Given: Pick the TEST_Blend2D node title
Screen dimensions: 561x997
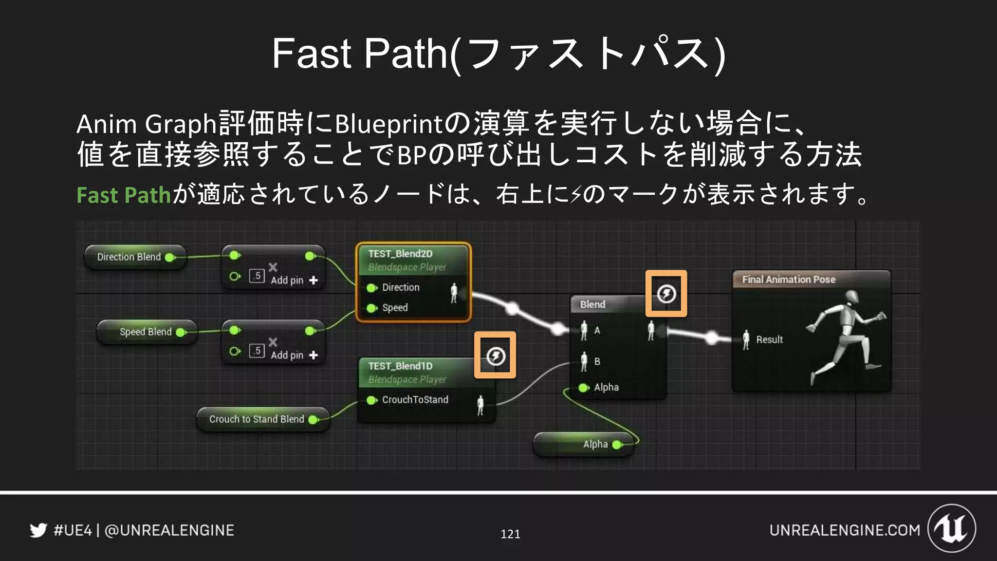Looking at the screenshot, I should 400,254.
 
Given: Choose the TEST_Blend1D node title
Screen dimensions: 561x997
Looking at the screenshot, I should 400,366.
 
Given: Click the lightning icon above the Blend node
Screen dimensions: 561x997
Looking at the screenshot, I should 666,294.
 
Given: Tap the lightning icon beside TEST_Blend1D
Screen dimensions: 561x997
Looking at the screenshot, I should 496,355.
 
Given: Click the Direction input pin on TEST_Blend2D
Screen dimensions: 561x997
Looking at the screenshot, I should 371,288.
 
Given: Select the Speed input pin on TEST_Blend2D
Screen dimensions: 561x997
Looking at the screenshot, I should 371,308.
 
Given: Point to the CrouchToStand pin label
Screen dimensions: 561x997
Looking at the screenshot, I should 415,400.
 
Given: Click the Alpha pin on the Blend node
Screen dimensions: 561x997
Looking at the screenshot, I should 583,388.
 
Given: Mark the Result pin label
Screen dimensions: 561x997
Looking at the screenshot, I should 769,339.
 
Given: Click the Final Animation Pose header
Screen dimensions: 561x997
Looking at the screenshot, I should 789,280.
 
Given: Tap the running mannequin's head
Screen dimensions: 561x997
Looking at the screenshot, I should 851,296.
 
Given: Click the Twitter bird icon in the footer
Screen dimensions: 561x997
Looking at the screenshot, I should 38,530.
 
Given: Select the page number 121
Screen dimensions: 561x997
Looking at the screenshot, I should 510,534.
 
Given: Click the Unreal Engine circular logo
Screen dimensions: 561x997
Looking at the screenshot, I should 951,528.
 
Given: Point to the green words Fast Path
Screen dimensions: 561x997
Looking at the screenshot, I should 124,195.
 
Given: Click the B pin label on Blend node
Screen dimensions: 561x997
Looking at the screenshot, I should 597,361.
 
